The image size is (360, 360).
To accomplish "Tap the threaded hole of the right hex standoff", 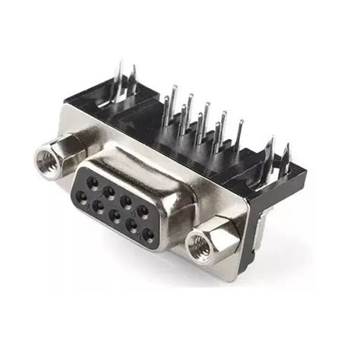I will point(201,245).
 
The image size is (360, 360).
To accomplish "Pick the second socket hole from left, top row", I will point(109,191).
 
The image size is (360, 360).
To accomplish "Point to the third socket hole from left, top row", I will point(126,201).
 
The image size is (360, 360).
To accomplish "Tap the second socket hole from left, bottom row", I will point(98,205).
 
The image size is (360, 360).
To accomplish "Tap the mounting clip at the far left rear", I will point(122,76).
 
